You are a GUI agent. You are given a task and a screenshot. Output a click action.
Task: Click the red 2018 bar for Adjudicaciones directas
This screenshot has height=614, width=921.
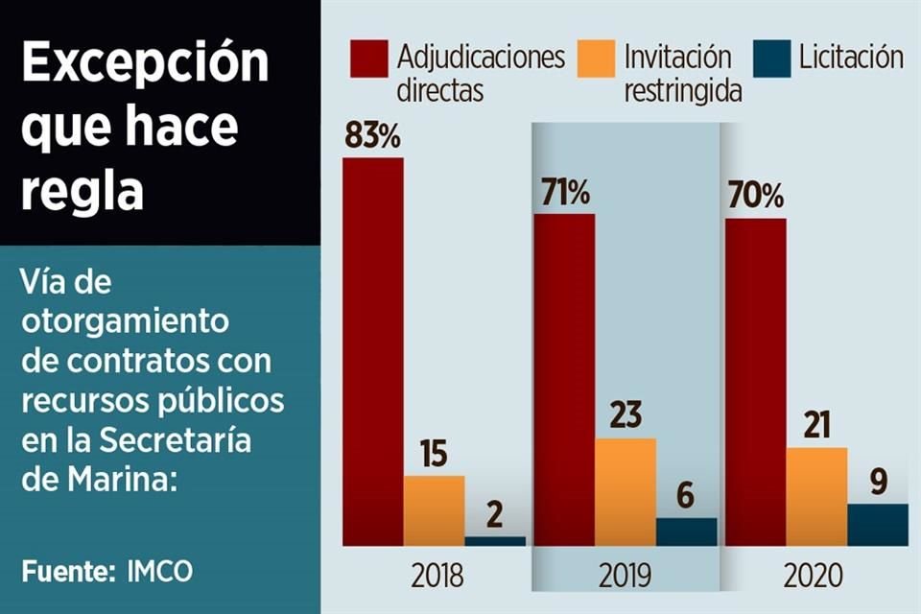pos(373,350)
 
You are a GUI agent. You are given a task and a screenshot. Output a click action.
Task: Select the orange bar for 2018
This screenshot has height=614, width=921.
pos(434,509)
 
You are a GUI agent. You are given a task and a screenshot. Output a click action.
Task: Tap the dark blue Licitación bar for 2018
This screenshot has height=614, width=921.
pos(495,541)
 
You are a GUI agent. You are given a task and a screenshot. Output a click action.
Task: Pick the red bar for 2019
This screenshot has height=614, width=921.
pos(564,379)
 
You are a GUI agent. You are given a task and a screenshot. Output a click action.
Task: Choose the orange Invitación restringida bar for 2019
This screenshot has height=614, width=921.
pos(626,491)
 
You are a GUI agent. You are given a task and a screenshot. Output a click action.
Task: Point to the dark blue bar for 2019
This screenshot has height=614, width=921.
pos(686,531)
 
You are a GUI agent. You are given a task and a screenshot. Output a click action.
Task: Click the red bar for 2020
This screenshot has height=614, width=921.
pos(755,382)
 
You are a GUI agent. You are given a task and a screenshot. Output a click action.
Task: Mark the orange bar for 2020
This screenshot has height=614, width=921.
pos(816,496)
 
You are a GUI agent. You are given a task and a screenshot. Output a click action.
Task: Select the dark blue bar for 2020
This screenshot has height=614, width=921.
pos(877,524)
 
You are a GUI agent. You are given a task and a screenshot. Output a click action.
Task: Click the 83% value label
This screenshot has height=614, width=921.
pos(372,137)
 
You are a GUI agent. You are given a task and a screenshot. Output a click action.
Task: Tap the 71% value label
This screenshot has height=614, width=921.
pos(563,193)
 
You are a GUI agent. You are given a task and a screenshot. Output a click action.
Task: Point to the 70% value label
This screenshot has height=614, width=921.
pos(755,198)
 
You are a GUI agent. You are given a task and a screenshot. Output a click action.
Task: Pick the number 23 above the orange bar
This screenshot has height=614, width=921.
pos(626,418)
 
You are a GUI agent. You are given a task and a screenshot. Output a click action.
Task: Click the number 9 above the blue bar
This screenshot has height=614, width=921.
pos(877,484)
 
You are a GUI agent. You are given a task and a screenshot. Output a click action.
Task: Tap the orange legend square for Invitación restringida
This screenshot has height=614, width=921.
pos(596,59)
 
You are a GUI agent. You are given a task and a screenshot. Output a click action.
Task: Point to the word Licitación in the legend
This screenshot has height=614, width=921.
pos(851,58)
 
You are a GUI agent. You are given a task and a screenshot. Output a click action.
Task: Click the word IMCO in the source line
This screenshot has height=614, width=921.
pos(159,572)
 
